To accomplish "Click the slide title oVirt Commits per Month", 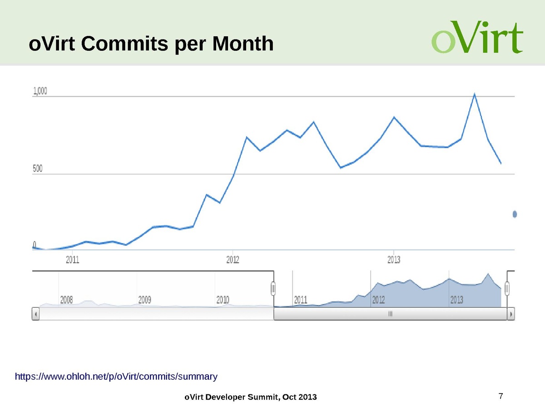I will click(151, 44).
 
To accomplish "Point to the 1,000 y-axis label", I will click(40, 91).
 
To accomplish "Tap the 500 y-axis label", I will click(38, 169).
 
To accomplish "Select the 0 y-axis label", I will click(35, 244).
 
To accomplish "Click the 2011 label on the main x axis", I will click(73, 260).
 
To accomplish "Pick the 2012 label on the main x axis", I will click(233, 260).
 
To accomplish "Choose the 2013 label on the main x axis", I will click(393, 260).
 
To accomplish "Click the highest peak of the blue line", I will click(474, 95).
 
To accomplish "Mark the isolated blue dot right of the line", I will click(515, 214).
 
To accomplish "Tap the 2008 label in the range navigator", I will click(67, 300).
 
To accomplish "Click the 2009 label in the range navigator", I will click(145, 300).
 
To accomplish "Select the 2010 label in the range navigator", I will click(223, 300).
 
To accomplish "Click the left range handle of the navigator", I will click(273, 288).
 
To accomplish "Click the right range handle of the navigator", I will click(507, 288).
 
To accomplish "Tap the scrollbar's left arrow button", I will click(36, 314).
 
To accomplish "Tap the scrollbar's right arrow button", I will click(511, 314).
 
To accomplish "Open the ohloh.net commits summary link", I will click(116, 376).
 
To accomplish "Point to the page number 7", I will click(500, 395).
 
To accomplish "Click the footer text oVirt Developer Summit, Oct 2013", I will click(250, 397).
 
